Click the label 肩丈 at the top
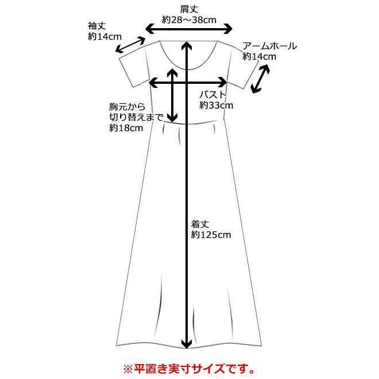[189, 9]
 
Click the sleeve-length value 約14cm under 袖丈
[105, 36]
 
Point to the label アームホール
[270, 46]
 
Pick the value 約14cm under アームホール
[260, 56]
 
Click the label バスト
[213, 95]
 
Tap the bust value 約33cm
[216, 105]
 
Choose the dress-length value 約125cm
[211, 235]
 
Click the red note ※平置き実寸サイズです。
[189, 366]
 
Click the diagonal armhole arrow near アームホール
[261, 79]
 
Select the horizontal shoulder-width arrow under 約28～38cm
[189, 29]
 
